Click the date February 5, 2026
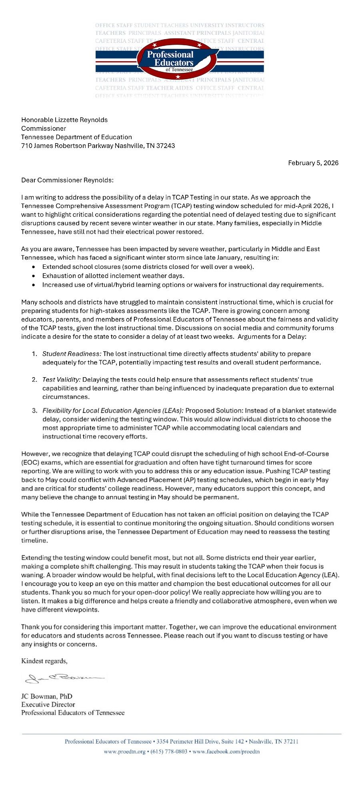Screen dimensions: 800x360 pyautogui.click(x=313, y=163)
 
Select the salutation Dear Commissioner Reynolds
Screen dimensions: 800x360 pyautogui.click(x=67, y=180)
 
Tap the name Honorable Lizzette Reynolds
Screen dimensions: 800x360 pyautogui.click(x=64, y=120)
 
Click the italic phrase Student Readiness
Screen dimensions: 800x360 pyautogui.click(x=72, y=354)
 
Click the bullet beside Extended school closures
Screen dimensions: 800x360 pyautogui.click(x=34, y=267)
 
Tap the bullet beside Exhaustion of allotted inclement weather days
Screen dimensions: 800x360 pyautogui.click(x=34, y=276)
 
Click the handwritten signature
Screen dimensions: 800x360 pyautogui.click(x=64, y=678)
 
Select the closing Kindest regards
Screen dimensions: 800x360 pyautogui.click(x=44, y=661)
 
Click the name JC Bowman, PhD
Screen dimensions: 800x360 pyautogui.click(x=47, y=696)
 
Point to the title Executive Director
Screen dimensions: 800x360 pyautogui.click(x=48, y=704)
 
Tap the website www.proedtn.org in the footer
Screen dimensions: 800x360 pyautogui.click(x=124, y=751)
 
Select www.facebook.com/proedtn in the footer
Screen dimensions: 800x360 pyautogui.click(x=226, y=751)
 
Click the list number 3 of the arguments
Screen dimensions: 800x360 pyautogui.click(x=34, y=410)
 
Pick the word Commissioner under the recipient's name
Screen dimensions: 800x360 pyautogui.click(x=44, y=128)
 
